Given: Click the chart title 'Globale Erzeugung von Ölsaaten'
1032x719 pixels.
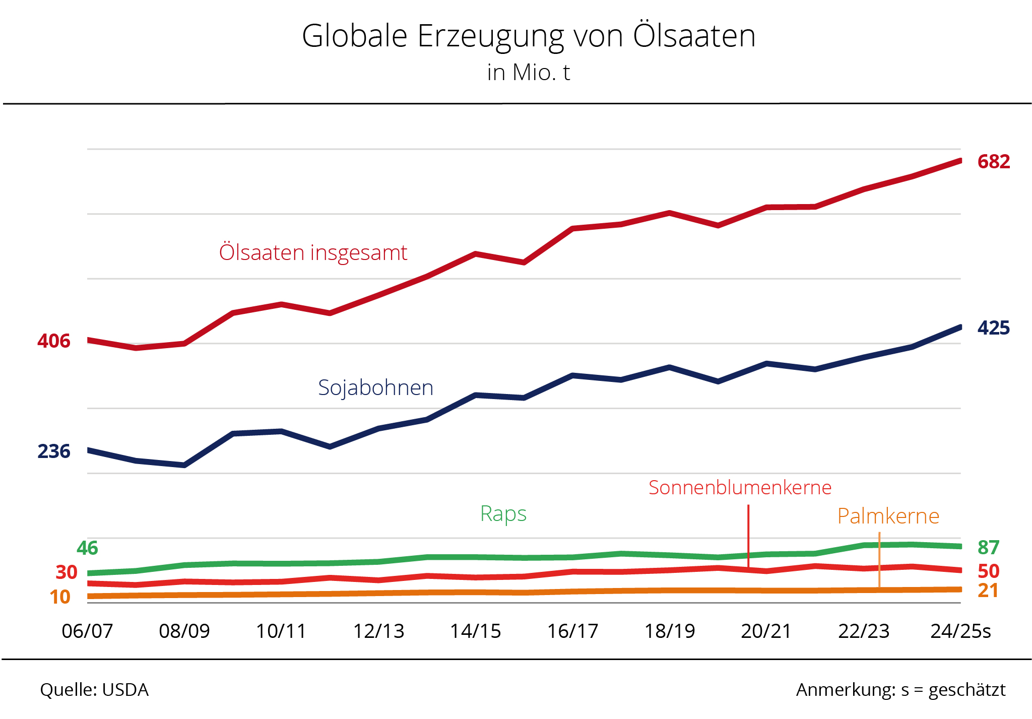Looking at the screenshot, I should coord(529,36).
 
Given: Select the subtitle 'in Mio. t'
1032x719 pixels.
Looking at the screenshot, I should coord(528,73).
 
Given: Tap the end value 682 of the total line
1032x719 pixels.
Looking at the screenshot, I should coord(993,162).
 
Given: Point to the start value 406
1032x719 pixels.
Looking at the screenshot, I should coord(54,341).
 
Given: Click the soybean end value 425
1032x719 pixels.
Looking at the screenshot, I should coord(993,328).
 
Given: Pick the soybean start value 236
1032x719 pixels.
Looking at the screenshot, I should coord(54,451).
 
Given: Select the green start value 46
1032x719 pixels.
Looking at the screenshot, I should coord(87,548).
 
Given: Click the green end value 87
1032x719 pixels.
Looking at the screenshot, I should coord(988,548).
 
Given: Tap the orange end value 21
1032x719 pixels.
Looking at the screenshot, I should coord(988,591).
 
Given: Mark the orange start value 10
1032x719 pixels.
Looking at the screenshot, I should coord(60,597).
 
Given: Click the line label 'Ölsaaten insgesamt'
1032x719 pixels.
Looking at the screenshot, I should coord(313,252).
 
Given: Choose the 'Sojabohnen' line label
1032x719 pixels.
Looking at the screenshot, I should coord(375,387).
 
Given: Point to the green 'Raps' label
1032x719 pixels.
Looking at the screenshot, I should coord(503,514).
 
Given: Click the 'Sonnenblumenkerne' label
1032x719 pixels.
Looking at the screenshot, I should coord(740,488).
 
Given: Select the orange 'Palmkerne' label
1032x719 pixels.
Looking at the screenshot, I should coord(888,516).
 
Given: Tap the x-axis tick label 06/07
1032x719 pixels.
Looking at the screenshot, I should coord(87,631).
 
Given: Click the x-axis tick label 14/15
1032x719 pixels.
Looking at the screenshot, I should coord(475,631).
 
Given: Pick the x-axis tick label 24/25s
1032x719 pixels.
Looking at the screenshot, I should coord(960,631).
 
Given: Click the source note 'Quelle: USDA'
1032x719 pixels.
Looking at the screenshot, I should coord(94,690).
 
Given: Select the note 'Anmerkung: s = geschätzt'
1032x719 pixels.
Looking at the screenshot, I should coord(900,690).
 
